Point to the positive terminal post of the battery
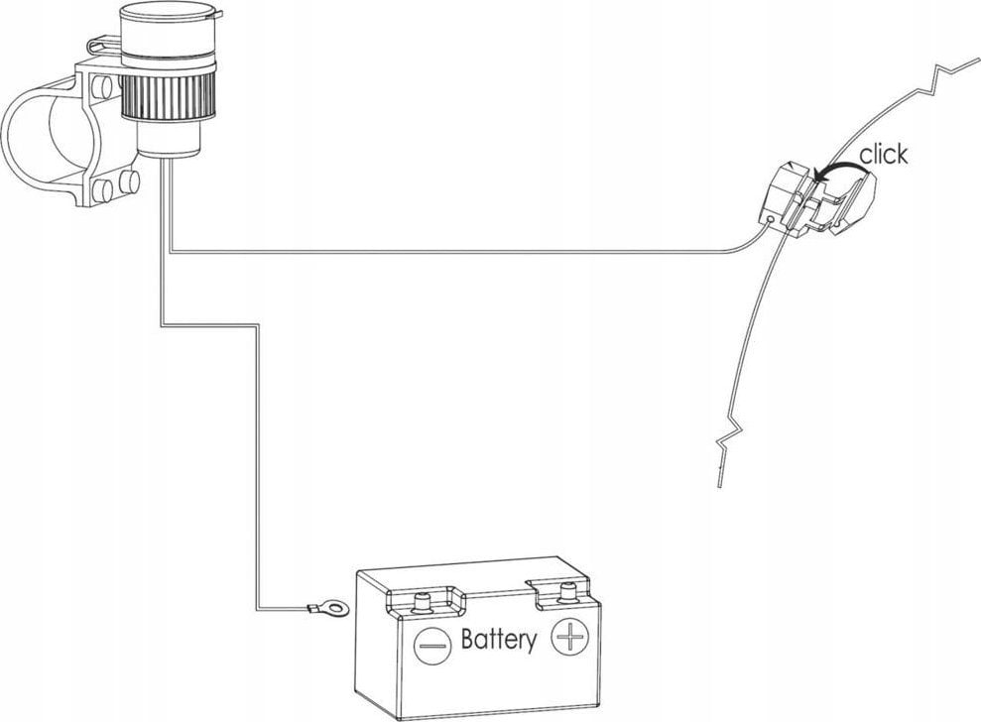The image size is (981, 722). [x=567, y=593]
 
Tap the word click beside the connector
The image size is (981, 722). [x=882, y=155]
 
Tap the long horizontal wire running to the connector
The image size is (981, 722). [x=446, y=253]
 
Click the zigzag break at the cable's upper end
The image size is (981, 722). [x=942, y=71]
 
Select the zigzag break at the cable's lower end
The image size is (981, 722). [x=724, y=440]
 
